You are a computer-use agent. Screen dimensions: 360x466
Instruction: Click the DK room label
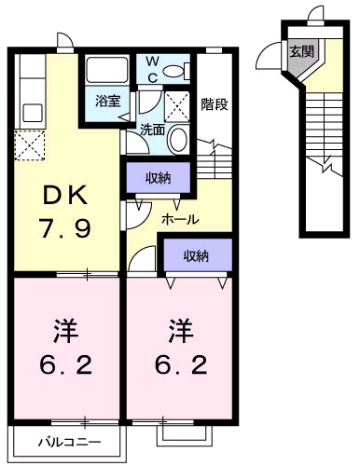[x=65, y=197]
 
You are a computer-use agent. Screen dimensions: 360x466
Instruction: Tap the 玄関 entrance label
[x=301, y=51]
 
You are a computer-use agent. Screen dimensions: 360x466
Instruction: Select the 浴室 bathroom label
[x=107, y=101]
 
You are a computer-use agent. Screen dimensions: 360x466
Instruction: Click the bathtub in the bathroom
[x=107, y=69]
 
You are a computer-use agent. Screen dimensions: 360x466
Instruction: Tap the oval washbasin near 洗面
[x=178, y=139]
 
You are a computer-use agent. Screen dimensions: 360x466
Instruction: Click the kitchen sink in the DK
[x=33, y=113]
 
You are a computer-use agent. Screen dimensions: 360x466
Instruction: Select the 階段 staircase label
[x=215, y=104]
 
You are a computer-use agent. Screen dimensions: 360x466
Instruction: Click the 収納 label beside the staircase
[x=159, y=178]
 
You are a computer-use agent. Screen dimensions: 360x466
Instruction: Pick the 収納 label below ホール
[x=196, y=255]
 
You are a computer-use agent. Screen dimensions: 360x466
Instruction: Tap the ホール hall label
[x=180, y=220]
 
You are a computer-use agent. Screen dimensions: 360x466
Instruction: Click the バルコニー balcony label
[x=70, y=442]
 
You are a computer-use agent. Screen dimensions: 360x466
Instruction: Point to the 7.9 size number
[x=64, y=227]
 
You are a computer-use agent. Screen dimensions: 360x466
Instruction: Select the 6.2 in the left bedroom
[x=66, y=364]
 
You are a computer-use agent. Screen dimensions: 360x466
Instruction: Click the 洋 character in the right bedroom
[x=181, y=331]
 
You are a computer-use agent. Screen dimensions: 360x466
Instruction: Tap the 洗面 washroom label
[x=152, y=130]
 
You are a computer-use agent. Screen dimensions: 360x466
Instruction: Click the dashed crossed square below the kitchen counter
[x=30, y=145]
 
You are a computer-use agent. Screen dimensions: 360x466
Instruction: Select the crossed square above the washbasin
[x=177, y=107]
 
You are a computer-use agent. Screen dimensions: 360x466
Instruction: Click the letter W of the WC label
[x=152, y=62]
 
